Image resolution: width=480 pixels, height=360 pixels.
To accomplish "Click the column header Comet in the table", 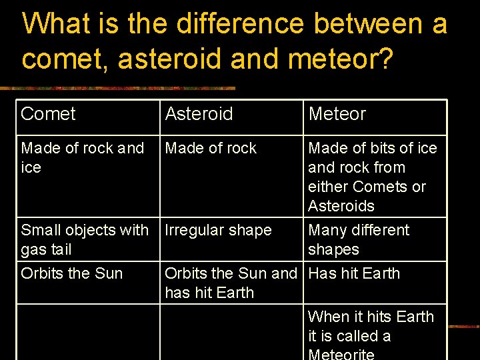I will [x=49, y=114].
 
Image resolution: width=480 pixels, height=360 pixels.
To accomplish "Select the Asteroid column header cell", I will [x=199, y=114].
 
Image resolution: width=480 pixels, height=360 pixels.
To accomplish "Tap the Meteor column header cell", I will [x=337, y=114].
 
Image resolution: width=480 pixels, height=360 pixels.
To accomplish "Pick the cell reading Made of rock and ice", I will [x=82, y=157].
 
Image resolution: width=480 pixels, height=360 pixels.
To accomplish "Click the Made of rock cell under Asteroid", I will [x=211, y=148].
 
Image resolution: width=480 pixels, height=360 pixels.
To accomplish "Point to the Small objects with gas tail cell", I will [x=85, y=239].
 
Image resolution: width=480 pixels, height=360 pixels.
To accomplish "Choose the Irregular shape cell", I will [x=218, y=230].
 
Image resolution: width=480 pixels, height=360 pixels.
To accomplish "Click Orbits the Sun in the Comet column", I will [x=72, y=273].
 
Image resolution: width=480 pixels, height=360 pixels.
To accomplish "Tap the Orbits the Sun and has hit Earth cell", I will [x=230, y=283].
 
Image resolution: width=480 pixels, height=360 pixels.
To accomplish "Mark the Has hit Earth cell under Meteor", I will [x=354, y=273].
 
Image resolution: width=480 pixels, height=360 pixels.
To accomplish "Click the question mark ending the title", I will [x=385, y=58].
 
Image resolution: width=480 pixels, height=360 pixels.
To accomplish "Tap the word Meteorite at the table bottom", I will [x=341, y=354].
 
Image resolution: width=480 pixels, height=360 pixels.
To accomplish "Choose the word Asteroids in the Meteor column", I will [x=341, y=206].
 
